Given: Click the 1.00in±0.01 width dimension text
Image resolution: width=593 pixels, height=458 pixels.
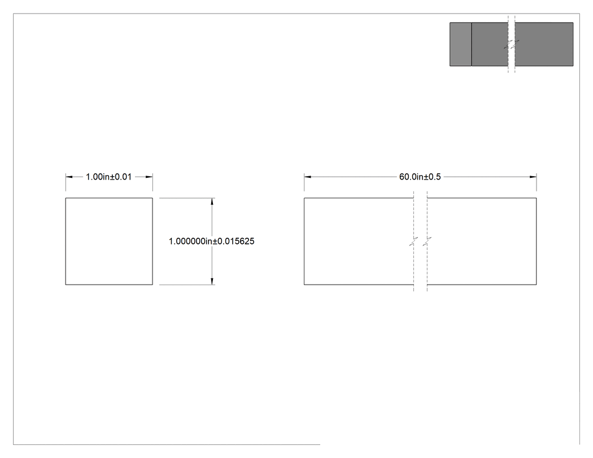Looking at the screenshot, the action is pos(108,177).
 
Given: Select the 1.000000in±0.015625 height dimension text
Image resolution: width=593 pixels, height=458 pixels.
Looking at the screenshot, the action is pos(211,241).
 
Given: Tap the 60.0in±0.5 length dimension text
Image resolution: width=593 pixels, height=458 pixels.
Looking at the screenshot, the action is pos(420,177).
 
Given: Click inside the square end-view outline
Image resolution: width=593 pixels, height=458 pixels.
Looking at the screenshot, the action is pos(109,241).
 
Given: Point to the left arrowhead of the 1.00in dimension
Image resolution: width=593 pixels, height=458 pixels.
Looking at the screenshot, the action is pos(69,177).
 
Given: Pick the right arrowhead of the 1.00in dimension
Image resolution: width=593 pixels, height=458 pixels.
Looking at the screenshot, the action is pos(150,177).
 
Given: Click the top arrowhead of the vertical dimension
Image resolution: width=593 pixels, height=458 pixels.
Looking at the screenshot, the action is pos(212,202).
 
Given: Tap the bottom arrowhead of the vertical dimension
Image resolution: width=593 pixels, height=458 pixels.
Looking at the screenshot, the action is pos(212,281).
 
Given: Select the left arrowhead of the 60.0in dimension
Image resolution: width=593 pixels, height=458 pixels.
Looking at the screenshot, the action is pos(307,177).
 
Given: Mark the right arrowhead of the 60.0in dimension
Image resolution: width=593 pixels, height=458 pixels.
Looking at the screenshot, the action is pos(533,177).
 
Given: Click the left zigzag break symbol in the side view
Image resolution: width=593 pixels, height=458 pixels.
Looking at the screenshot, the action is pos(413,242).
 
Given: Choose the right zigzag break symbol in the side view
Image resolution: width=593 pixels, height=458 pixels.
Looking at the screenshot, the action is pos(427,242).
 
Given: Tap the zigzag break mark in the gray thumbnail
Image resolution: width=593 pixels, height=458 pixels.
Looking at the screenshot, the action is pos(511,45).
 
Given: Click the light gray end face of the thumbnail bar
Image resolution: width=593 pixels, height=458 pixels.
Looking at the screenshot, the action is pos(461,44).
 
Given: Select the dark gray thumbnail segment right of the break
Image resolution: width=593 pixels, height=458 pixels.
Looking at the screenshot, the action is pos(544,44).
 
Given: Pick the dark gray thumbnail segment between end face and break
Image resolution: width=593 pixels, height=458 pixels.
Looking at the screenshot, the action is pos(490,44).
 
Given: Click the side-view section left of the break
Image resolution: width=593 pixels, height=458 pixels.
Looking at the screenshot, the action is pos(359,241).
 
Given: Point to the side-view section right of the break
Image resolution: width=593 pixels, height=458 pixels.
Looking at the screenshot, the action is pos(482,241).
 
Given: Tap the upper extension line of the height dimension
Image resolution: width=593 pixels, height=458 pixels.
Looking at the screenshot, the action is pos(187,198).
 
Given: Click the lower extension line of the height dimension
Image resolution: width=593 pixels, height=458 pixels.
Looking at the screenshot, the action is pos(187,285).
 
